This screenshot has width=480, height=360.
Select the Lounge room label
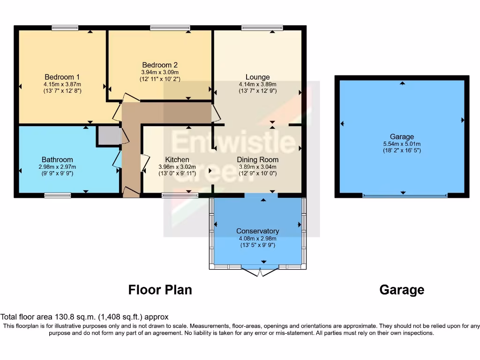click(257, 77)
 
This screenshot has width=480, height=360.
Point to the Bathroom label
click(57, 160)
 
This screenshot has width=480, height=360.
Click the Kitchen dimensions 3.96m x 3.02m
click(177, 167)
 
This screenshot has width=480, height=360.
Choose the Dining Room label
click(257, 160)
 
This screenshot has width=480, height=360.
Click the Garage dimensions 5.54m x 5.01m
click(402, 144)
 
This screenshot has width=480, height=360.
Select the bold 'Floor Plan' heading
click(160, 290)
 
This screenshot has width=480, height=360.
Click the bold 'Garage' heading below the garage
click(402, 290)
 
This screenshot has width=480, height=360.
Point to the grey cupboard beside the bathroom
click(108, 135)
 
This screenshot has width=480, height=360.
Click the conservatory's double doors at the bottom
click(259, 271)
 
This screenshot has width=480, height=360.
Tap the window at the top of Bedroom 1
click(65, 28)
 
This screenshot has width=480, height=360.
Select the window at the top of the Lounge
click(262, 28)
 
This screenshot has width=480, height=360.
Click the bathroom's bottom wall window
click(58, 195)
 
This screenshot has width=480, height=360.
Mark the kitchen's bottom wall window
click(180, 195)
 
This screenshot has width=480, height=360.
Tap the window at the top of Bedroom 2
click(170, 28)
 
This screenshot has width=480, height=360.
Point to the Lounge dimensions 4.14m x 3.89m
click(257, 85)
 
